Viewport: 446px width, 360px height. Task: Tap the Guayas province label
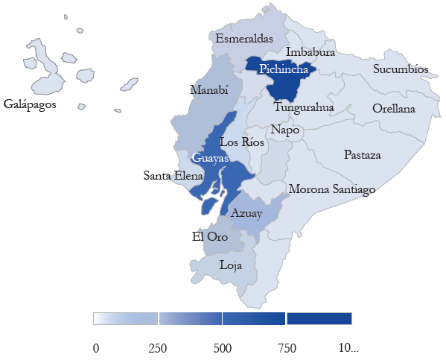[x=207, y=158]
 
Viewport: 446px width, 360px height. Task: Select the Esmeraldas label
[x=244, y=38]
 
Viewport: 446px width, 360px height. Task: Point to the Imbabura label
[x=310, y=52]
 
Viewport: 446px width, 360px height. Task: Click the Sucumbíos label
[x=401, y=69]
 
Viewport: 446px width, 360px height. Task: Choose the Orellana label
[x=394, y=108]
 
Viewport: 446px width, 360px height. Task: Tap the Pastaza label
[x=363, y=155]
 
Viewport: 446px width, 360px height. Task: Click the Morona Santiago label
[x=331, y=189]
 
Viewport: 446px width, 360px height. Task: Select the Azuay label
[x=246, y=213]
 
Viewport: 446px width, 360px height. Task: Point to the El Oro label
[x=210, y=237]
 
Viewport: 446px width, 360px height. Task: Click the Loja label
[x=231, y=264]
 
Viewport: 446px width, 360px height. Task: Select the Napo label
[x=285, y=130]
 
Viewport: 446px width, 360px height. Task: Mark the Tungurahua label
[x=303, y=107]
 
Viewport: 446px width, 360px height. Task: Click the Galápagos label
[x=30, y=104]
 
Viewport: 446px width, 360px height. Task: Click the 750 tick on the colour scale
[x=287, y=348]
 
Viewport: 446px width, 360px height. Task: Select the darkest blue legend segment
[x=319, y=318]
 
